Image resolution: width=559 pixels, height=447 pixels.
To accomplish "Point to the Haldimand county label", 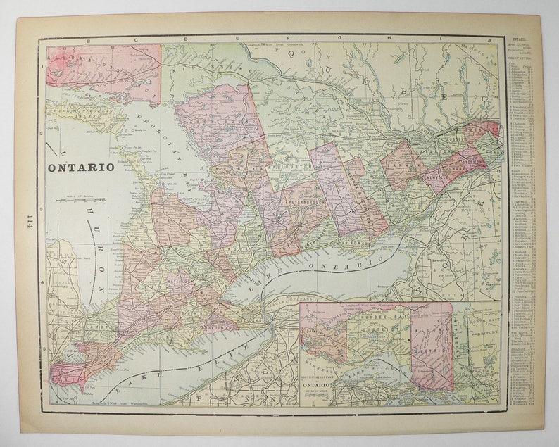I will [220, 325].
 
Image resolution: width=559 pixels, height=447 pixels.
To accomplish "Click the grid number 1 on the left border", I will [43, 68].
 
